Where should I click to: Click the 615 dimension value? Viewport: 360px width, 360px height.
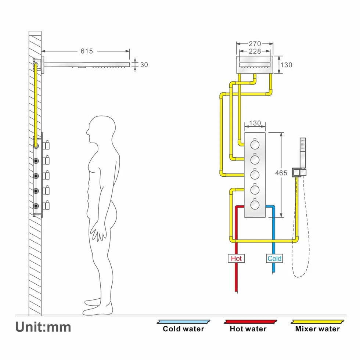[87, 51]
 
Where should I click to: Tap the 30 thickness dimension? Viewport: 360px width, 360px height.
[144, 65]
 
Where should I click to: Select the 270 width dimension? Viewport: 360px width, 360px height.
[255, 44]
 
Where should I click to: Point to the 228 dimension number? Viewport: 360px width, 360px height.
[255, 51]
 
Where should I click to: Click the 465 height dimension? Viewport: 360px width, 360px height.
[281, 173]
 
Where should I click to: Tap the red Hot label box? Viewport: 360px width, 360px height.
[236, 258]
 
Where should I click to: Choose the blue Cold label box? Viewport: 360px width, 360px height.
[274, 258]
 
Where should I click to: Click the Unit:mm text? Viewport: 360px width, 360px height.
[43, 327]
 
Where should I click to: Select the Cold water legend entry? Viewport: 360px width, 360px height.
[183, 326]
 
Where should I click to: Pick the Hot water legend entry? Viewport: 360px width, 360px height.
[248, 326]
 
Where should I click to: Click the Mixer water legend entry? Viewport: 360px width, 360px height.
[317, 326]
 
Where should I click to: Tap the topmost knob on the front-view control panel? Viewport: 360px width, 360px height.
[255, 144]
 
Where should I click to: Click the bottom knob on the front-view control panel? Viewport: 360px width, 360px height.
[255, 204]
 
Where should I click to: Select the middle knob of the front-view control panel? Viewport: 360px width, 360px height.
[255, 174]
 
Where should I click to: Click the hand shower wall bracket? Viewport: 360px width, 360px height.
[299, 172]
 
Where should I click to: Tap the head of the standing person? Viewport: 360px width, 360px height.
[101, 130]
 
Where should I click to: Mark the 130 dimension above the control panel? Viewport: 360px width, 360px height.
[255, 123]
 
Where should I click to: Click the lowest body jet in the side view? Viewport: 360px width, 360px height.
[36, 206]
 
